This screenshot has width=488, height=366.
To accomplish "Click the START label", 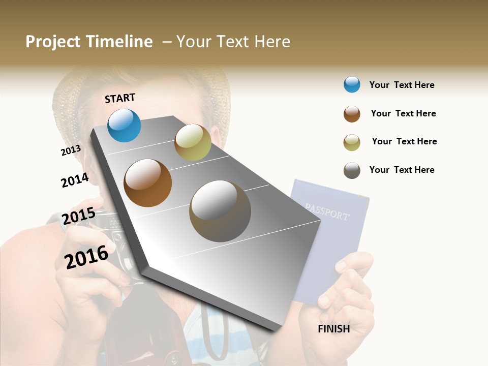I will (x=120, y=98).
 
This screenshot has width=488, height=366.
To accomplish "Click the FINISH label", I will (x=333, y=329).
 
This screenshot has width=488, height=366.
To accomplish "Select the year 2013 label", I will (x=71, y=150).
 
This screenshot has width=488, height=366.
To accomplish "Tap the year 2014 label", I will (x=75, y=180).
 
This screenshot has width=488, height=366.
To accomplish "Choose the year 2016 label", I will (x=86, y=257).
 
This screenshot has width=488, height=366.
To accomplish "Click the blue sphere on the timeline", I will (x=124, y=125).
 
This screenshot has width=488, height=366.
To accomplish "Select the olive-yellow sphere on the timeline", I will (x=193, y=142).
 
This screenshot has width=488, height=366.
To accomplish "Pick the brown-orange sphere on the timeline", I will (x=148, y=182).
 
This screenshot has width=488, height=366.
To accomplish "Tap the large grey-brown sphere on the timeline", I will (x=220, y=211).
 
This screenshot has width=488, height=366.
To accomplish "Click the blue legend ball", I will (x=352, y=84).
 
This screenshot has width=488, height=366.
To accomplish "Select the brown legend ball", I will (x=352, y=114).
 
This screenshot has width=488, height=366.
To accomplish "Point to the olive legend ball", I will (x=352, y=142).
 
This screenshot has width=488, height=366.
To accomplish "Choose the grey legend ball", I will (x=352, y=170).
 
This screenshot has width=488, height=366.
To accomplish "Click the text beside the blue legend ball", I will (x=402, y=85).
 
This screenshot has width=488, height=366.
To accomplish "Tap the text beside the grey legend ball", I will (x=402, y=170).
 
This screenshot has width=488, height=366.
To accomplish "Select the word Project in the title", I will (x=52, y=42).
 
